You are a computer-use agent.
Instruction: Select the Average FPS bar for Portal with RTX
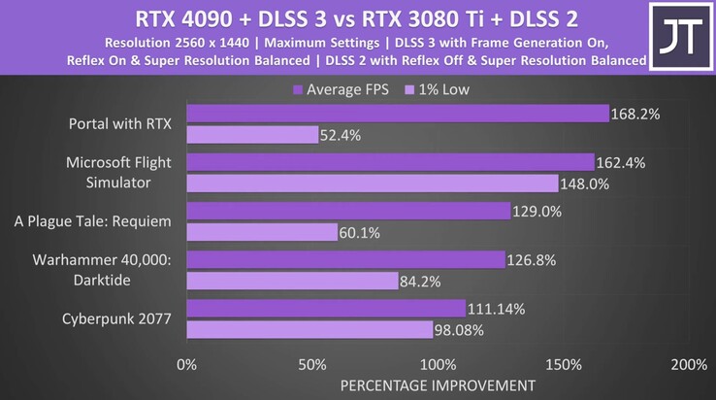click(x=397, y=115)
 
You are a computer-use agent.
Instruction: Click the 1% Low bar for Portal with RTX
click(x=252, y=135)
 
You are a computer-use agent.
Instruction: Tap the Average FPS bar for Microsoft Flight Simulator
click(x=389, y=162)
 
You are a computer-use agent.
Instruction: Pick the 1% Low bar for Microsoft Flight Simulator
click(x=372, y=183)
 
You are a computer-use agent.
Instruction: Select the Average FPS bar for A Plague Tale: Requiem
click(x=347, y=211)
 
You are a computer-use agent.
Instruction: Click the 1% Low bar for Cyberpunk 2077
click(x=309, y=329)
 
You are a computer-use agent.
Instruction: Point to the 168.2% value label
click(x=635, y=115)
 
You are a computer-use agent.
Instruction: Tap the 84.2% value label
click(x=421, y=281)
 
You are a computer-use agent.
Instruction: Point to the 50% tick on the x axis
click(x=311, y=365)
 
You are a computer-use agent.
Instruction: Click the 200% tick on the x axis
click(x=688, y=365)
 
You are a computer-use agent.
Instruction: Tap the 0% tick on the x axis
click(x=185, y=365)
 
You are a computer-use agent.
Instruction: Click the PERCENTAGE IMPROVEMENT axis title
click(x=437, y=385)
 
